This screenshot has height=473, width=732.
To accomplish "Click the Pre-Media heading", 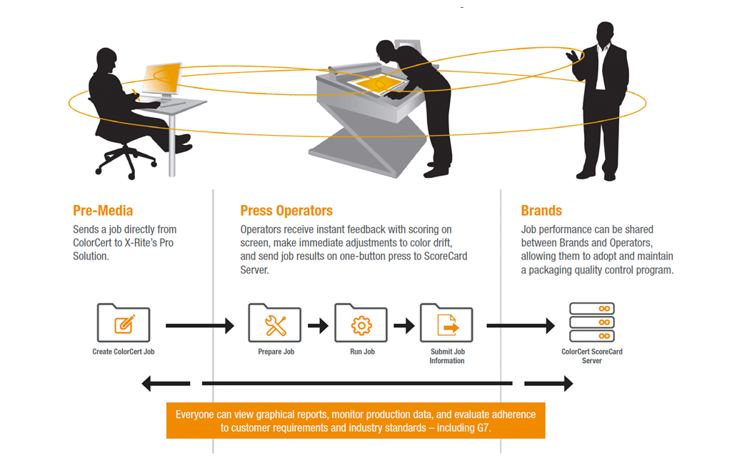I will coord(103,211).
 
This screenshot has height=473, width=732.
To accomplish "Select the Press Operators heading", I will coord(286,211).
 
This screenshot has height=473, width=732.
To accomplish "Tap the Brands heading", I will coord(541,211).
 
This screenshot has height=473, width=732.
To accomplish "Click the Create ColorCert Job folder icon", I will coord(124,324).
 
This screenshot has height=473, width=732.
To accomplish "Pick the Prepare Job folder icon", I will coord(275,324).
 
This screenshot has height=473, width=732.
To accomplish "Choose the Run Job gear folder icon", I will coord(361,324).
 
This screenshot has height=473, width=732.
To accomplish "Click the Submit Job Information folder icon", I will coord(446,324).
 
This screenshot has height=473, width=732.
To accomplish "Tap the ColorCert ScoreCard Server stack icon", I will coord(591,322).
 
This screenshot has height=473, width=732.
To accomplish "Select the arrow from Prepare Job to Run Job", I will coord(318,326).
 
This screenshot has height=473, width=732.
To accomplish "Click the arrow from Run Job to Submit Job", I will coord(403,326).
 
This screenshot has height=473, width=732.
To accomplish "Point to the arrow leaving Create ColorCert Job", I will coord(199,326).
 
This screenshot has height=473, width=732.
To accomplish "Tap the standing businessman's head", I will coord(605,33).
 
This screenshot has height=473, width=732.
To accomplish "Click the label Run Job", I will coord(361,352).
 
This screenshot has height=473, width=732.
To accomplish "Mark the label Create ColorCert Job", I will coord(124,352).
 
